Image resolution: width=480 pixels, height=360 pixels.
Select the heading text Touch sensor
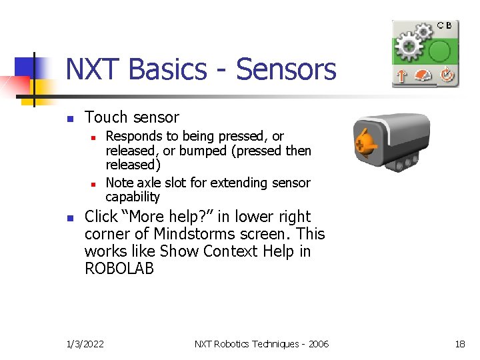pyautogui.click(x=132, y=118)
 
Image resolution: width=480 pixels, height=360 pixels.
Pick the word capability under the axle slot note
pyautogui.click(x=133, y=197)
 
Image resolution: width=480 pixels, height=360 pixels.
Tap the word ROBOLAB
pyautogui.click(x=119, y=269)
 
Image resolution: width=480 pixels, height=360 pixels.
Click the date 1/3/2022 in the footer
pyautogui.click(x=85, y=344)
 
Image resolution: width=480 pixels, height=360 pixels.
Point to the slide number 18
pyautogui.click(x=459, y=344)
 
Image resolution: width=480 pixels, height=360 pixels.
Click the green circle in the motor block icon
pyautogui.click(x=439, y=51)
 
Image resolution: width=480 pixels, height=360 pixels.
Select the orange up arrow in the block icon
pyautogui.click(x=401, y=76)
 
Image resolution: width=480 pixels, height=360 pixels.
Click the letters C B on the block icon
pyautogui.click(x=444, y=25)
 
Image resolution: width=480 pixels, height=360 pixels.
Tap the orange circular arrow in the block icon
pyautogui.click(x=446, y=76)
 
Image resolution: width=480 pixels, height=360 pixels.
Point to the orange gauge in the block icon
pyautogui.click(x=423, y=76)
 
